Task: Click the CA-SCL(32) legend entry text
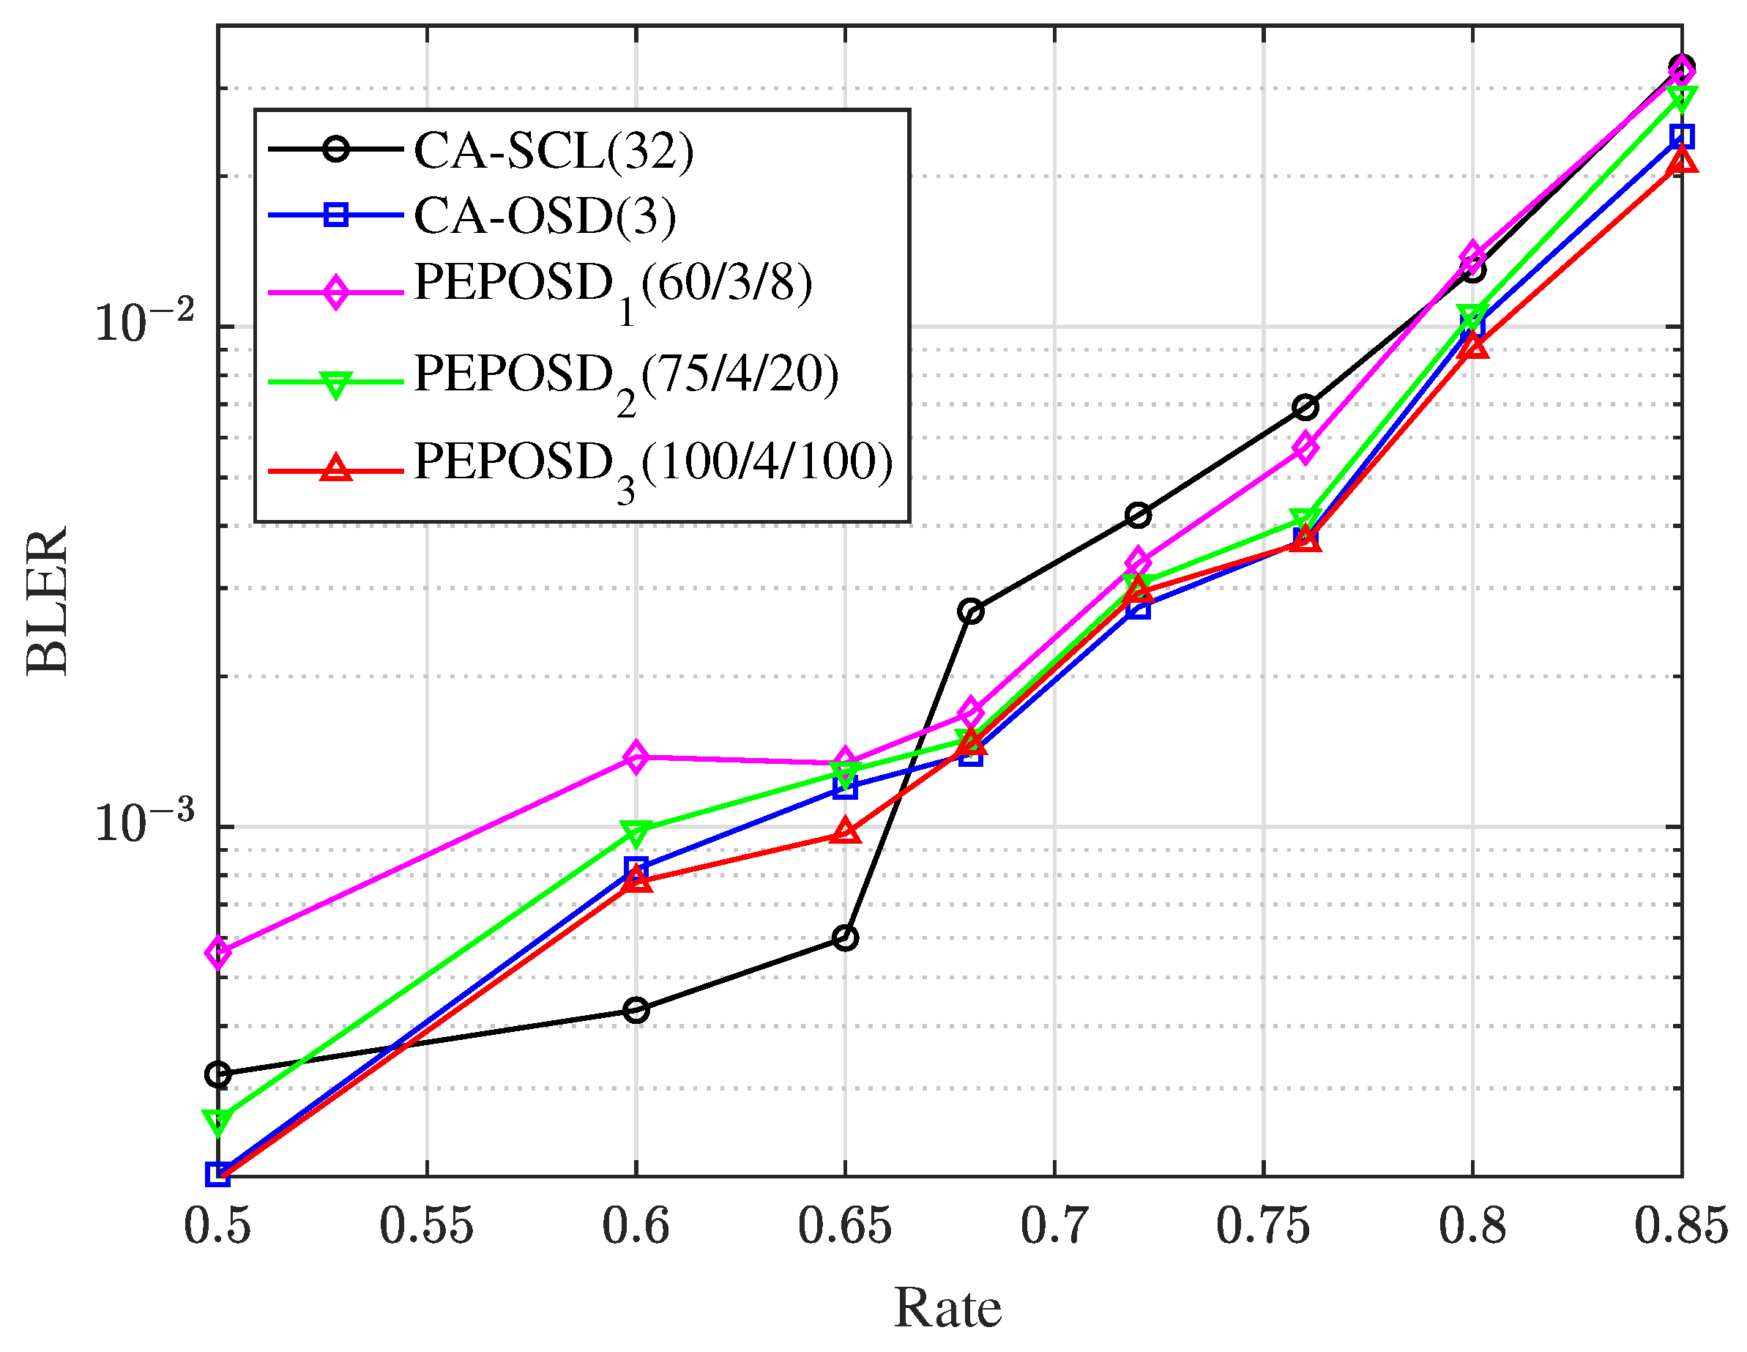554,150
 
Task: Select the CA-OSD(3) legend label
545,216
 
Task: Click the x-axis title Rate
947,1309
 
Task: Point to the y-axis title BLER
48,600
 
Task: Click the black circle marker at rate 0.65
846,937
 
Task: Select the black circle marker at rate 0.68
970,612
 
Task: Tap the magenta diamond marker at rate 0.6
636,756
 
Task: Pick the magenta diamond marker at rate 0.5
217,952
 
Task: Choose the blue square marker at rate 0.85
1681,137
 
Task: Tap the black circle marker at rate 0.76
1305,408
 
